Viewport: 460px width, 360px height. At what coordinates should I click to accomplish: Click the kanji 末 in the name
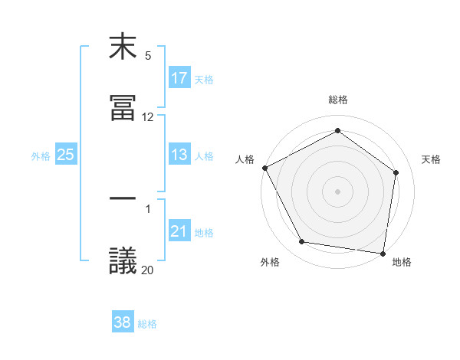point(123,47)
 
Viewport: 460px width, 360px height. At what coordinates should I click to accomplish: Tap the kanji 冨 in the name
point(123,106)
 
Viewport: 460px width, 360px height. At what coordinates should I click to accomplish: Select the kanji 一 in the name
point(123,200)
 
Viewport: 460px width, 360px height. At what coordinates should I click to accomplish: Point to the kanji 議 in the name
point(123,260)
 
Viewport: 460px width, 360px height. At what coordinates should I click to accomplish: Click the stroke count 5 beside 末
point(148,56)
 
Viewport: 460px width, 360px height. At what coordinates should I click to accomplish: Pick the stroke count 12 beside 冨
point(148,117)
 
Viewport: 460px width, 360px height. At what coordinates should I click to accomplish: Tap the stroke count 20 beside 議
point(148,269)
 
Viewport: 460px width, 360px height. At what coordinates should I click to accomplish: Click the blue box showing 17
point(179,78)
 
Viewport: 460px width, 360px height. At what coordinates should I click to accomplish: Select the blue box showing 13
point(179,155)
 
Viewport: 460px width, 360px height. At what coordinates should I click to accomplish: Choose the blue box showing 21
point(179,231)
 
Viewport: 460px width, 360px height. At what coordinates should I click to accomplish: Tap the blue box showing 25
point(66,155)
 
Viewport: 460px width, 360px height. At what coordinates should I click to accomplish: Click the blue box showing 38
point(123,322)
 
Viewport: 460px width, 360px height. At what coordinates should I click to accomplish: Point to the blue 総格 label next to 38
point(147,324)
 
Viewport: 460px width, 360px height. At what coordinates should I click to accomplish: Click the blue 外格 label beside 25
point(41,155)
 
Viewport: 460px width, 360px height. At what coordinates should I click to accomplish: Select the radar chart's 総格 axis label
point(338,100)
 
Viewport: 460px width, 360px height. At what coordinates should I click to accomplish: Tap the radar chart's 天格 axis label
point(432,159)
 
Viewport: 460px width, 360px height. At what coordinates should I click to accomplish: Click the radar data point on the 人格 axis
point(265,168)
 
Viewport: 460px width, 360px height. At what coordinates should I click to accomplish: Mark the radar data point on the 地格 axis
point(383,253)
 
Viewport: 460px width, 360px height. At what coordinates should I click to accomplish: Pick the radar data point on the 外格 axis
point(302,242)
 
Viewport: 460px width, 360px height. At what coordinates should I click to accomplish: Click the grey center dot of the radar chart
point(338,191)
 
